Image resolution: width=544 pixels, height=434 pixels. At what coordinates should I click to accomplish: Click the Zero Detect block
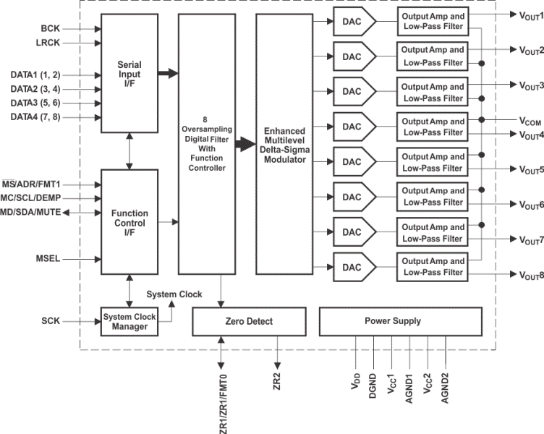(244, 320)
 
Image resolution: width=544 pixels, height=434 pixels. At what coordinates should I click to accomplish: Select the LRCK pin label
(49, 43)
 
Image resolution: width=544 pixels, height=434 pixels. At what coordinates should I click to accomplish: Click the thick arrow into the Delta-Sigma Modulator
(239, 144)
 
